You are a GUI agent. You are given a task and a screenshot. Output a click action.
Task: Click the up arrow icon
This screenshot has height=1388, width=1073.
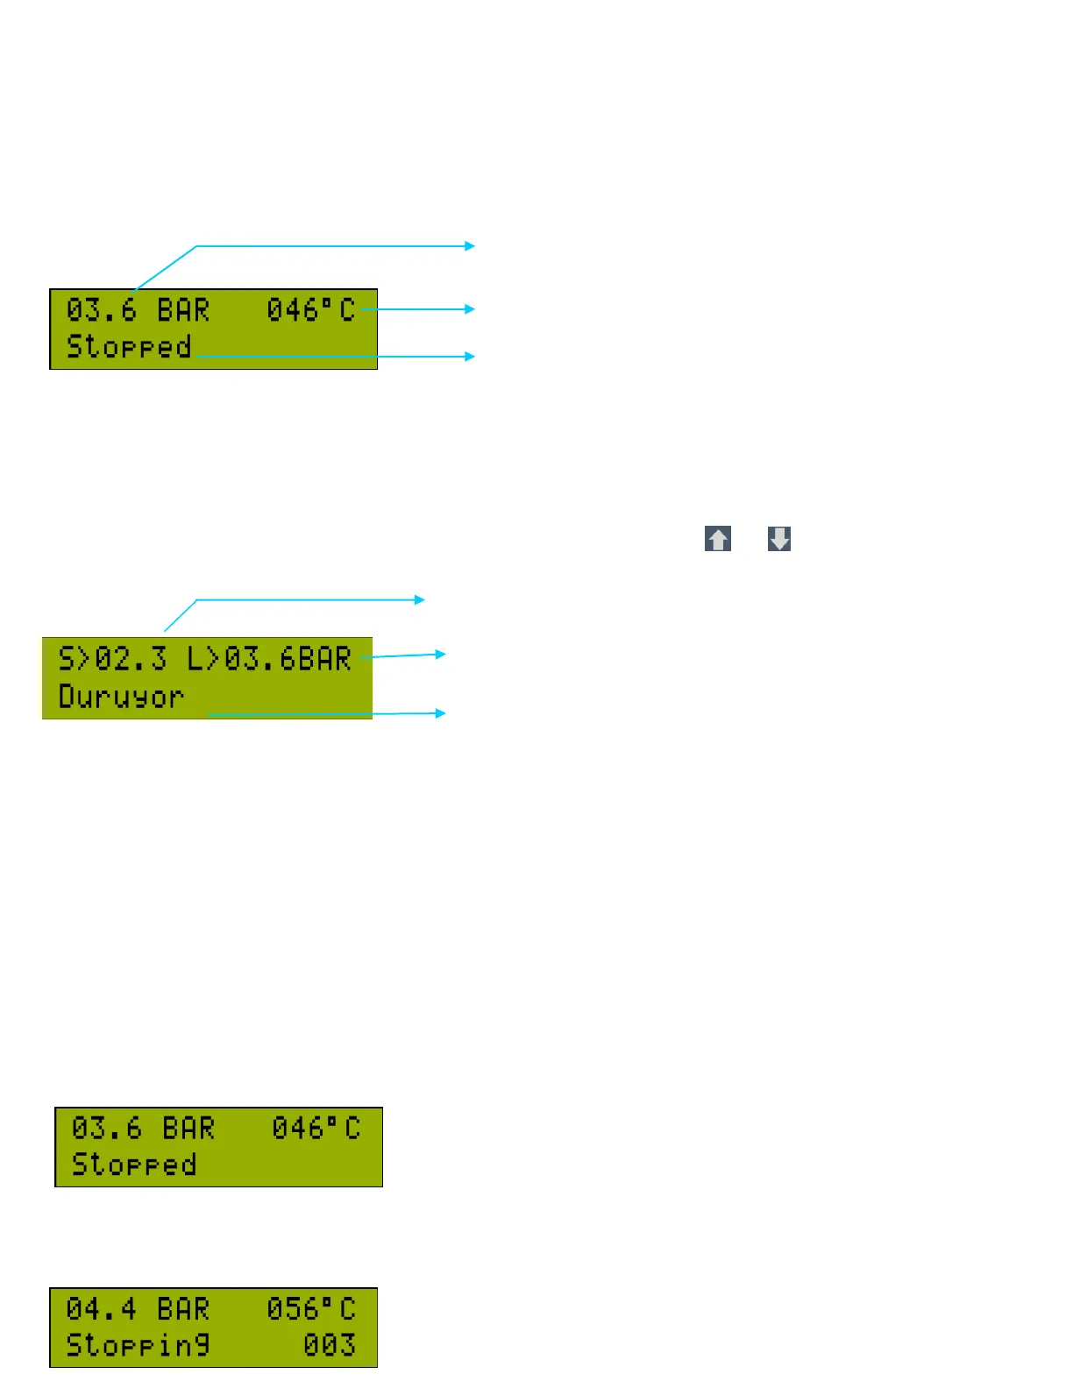click(x=718, y=539)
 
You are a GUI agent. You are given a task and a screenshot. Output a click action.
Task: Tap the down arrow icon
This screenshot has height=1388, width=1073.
click(x=779, y=539)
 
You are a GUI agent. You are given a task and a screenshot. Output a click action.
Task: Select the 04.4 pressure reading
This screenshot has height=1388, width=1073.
click(x=101, y=1309)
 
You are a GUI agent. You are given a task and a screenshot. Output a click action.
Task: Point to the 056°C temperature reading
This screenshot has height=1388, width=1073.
click(x=311, y=1309)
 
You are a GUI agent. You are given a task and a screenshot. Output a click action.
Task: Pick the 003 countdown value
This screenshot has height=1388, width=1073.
click(x=329, y=1345)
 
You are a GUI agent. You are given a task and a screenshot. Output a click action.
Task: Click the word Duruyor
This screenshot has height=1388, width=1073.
click(x=121, y=698)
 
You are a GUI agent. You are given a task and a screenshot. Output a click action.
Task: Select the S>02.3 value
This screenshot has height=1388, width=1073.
click(x=112, y=659)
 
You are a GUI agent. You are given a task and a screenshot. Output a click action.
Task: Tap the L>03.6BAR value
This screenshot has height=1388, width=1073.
click(x=269, y=659)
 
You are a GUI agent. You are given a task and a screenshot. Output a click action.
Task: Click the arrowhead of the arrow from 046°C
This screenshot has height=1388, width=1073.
click(x=471, y=309)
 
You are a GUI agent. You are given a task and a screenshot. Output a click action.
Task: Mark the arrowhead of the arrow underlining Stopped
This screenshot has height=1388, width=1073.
click(x=471, y=357)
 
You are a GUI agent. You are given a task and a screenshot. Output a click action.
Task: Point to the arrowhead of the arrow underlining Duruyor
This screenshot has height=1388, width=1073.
click(x=442, y=713)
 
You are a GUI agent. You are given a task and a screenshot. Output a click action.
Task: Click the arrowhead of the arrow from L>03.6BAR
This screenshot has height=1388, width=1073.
click(x=442, y=654)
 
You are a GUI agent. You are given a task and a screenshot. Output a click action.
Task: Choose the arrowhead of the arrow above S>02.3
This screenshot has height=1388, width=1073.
click(x=421, y=600)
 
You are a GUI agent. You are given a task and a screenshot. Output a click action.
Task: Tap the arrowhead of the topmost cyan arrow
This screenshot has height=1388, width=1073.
click(x=471, y=246)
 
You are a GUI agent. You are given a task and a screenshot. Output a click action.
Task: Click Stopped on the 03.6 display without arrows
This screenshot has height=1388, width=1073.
click(x=133, y=1165)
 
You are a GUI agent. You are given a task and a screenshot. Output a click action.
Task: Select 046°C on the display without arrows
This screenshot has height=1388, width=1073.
click(x=316, y=1129)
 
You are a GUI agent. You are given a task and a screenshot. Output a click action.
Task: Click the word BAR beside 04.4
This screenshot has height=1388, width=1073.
click(x=183, y=1309)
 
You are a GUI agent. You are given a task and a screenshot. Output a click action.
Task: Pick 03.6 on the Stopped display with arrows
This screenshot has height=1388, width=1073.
click(x=101, y=310)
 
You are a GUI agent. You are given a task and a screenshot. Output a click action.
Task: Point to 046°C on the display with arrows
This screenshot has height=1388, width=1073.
click(x=311, y=310)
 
